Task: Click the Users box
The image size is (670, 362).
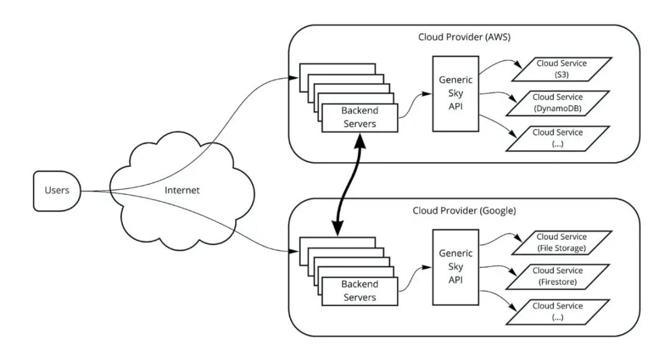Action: click(56, 190)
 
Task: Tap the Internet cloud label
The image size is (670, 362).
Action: click(182, 190)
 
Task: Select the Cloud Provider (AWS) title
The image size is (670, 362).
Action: click(465, 37)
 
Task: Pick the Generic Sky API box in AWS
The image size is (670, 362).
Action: click(455, 93)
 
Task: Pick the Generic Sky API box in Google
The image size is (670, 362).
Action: click(455, 265)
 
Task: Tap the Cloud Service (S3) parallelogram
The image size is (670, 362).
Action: click(560, 68)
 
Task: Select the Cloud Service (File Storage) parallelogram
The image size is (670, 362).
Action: click(560, 242)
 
